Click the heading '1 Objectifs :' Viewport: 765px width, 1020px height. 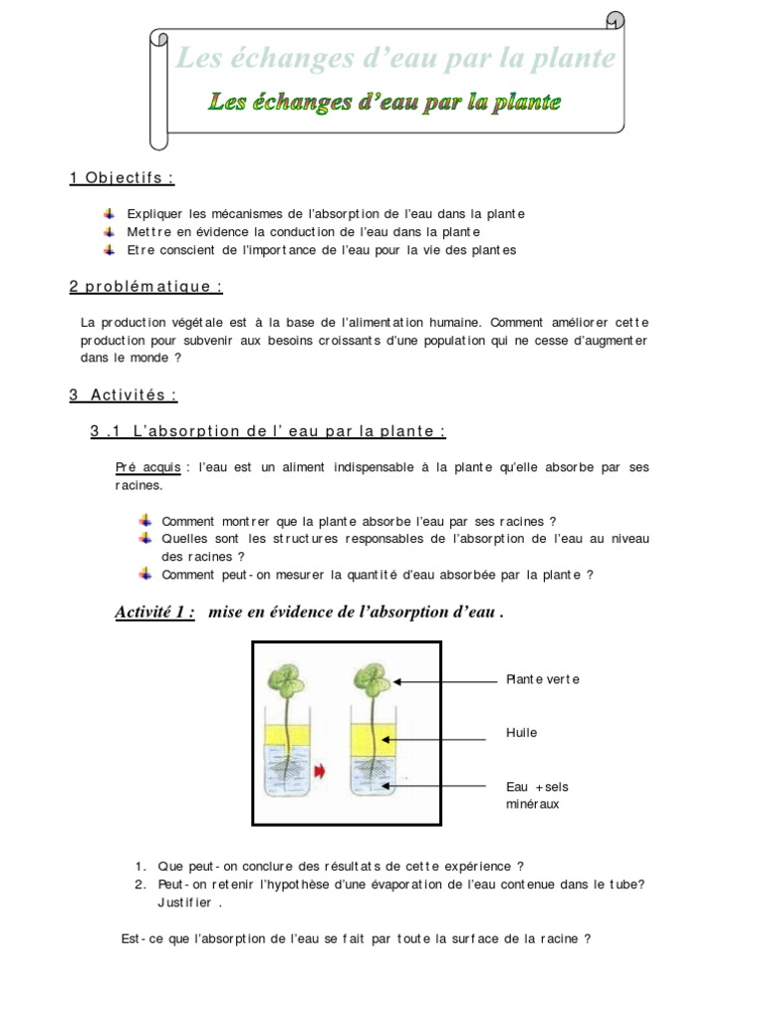pos(122,178)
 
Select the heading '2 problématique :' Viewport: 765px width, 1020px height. pos(145,287)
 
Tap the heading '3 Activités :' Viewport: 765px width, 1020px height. pos(124,394)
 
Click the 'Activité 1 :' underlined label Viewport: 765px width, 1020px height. pos(155,613)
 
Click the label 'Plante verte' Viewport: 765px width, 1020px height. pos(542,679)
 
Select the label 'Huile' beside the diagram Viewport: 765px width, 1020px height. pos(521,733)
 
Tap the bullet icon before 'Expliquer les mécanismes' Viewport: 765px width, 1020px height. pos(109,214)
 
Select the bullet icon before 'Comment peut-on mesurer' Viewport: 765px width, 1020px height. pos(145,574)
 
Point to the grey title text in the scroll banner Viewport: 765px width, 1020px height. pos(394,59)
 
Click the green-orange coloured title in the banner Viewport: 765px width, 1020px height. pos(384,102)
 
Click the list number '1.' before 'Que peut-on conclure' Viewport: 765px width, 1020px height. pos(140,867)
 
